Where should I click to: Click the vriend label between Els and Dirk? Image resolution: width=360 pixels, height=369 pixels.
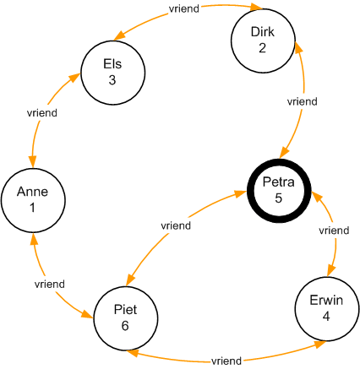click(x=184, y=8)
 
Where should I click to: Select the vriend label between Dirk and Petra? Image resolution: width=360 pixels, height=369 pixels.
click(x=303, y=101)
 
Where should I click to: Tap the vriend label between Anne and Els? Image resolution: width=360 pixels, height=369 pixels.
click(x=42, y=113)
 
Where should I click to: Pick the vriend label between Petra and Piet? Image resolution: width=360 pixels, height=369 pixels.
click(x=176, y=225)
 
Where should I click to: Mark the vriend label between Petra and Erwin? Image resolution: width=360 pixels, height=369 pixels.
click(x=334, y=231)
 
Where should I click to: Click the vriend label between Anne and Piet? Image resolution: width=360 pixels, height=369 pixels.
click(x=50, y=284)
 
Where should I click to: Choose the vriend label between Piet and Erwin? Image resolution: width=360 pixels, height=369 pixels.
click(x=226, y=361)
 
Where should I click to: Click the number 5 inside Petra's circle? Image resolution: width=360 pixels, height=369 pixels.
click(x=279, y=198)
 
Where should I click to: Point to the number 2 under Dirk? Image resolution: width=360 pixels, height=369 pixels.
click(x=262, y=48)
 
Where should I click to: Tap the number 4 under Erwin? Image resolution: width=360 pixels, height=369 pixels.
click(x=326, y=317)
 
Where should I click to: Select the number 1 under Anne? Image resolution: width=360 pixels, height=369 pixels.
click(x=32, y=208)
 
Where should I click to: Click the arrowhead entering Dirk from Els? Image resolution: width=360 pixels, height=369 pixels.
click(x=257, y=7)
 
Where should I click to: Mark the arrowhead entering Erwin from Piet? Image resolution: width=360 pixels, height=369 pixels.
click(x=320, y=344)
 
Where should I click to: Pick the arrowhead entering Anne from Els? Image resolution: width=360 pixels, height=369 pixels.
click(x=33, y=161)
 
